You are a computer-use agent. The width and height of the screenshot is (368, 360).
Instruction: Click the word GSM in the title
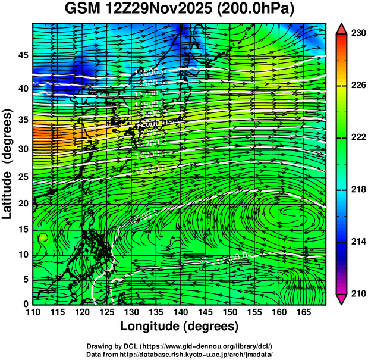click(x=85, y=10)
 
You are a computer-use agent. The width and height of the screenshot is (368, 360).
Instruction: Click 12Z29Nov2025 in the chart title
click(x=163, y=10)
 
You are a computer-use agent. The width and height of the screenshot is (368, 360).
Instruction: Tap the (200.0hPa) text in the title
click(x=259, y=10)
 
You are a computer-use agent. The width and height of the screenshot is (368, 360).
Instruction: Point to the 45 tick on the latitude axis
click(x=22, y=55)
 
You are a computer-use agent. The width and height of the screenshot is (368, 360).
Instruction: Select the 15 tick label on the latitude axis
click(x=22, y=229)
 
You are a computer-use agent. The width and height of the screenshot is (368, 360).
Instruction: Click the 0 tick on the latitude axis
click(x=25, y=303)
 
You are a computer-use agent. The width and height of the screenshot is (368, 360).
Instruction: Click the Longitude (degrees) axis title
click(x=180, y=326)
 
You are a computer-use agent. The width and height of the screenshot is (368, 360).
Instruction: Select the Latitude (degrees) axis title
click(x=8, y=164)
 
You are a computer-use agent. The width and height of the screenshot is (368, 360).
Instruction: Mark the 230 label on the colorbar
click(x=358, y=34)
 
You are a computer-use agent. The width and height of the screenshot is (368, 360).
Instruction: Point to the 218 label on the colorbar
click(x=358, y=190)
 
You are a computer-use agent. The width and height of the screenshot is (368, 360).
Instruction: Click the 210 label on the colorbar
click(x=358, y=293)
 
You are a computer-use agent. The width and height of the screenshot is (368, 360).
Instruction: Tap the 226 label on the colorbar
click(x=358, y=86)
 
